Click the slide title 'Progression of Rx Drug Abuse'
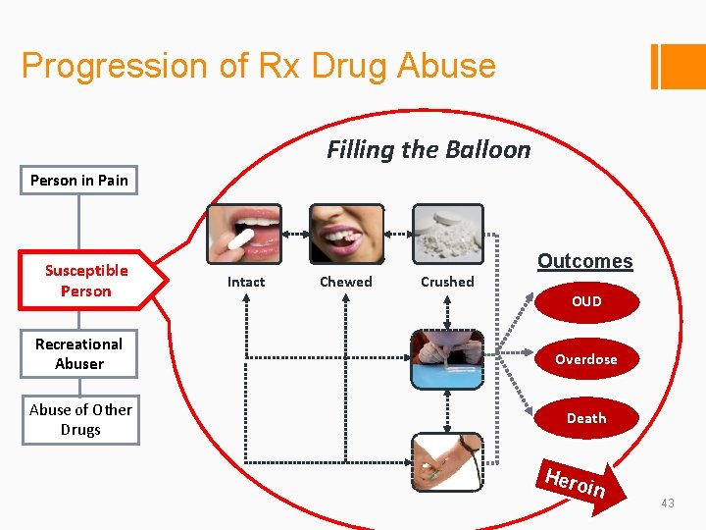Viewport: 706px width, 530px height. (258, 66)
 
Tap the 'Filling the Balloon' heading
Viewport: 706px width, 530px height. (429, 149)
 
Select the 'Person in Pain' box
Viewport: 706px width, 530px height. (79, 181)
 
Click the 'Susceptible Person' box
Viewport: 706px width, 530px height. (86, 281)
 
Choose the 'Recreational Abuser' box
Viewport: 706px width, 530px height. (78, 353)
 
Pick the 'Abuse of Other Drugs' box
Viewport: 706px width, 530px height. (80, 419)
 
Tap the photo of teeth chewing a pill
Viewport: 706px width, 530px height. (346, 233)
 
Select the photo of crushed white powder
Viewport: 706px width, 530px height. (447, 233)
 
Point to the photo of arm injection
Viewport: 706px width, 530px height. (447, 460)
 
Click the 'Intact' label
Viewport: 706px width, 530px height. (246, 282)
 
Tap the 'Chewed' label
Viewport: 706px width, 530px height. (346, 282)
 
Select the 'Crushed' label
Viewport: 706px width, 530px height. (447, 282)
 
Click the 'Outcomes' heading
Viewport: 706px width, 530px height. (584, 261)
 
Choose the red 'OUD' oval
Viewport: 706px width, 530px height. (586, 301)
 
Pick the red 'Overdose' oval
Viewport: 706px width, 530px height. (586, 359)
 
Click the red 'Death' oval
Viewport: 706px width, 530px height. (586, 418)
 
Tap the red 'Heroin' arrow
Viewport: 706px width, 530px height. (578, 482)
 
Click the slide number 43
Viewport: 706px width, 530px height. (668, 503)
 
